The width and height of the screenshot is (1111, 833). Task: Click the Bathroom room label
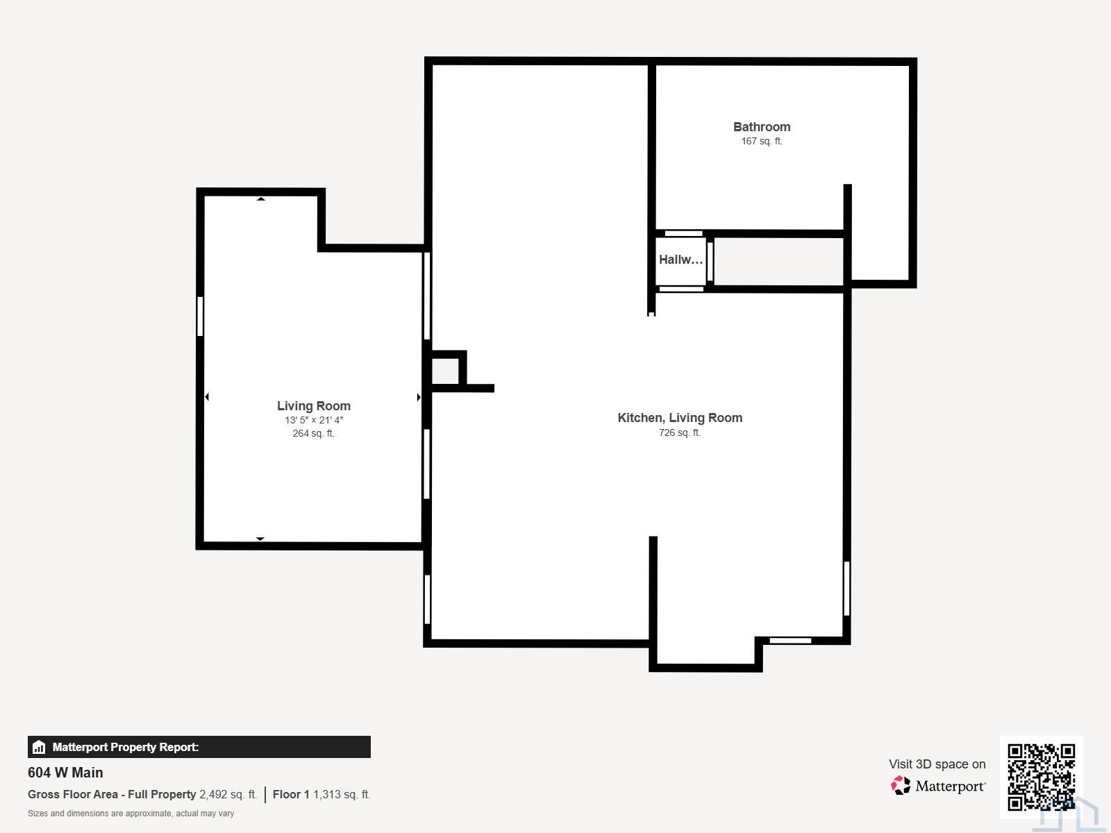tap(761, 127)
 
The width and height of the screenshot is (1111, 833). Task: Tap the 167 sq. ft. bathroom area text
tap(762, 141)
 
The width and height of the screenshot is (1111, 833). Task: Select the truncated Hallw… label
tap(680, 260)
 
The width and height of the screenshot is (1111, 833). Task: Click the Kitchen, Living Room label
tap(680, 418)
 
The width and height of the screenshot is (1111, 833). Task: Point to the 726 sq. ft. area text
tap(680, 432)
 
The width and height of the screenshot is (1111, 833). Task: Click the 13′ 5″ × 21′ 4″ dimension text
tap(314, 420)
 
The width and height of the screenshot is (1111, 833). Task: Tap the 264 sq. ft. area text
tap(314, 433)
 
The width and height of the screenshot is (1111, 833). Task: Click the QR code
tap(1041, 777)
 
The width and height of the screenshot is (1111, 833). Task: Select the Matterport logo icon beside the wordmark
tap(901, 786)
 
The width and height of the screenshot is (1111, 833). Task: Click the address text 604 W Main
tap(65, 773)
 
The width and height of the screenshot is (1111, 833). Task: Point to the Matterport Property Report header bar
tap(199, 747)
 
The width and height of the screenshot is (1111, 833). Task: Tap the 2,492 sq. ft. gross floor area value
tap(228, 794)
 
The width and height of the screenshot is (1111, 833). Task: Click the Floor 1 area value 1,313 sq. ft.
tap(342, 794)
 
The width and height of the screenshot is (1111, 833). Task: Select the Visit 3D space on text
tap(937, 764)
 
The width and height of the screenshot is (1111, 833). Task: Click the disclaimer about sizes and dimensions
tap(131, 814)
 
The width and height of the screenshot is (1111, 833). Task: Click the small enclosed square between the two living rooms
tap(445, 371)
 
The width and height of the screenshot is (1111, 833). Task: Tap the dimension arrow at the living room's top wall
tap(260, 199)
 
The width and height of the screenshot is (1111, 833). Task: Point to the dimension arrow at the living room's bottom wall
tap(260, 539)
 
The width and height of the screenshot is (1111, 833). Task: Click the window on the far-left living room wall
tap(200, 317)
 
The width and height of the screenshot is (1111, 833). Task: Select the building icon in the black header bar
tap(39, 747)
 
